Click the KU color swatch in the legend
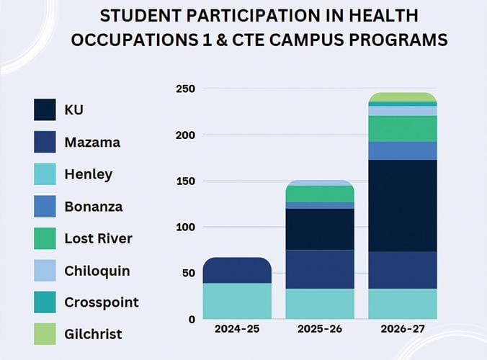(45, 109)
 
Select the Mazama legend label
(92, 142)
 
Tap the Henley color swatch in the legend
(45, 174)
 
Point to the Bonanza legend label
(94, 207)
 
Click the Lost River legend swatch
(45, 238)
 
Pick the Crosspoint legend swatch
(45, 303)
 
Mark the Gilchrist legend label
(94, 334)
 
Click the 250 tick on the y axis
(186, 89)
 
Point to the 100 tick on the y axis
(186, 227)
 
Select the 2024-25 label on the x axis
(237, 329)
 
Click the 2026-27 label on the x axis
(402, 329)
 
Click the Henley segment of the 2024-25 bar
(237, 301)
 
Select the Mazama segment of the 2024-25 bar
(237, 271)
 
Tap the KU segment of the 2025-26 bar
(320, 229)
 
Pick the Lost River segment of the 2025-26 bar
(320, 194)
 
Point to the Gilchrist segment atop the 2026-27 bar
(402, 97)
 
